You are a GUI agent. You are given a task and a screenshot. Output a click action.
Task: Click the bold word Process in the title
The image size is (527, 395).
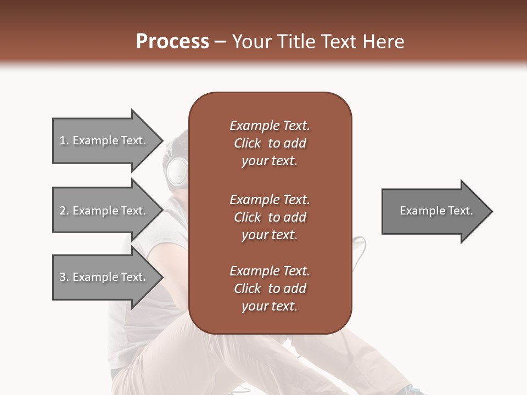coord(172,42)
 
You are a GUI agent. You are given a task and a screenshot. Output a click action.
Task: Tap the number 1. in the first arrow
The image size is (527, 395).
coord(64,140)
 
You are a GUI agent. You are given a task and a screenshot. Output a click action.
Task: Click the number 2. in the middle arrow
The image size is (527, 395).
coord(64,211)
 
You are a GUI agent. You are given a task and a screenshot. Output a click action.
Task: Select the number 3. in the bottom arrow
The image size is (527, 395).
coord(64,277)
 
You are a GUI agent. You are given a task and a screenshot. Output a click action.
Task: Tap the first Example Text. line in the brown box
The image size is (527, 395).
coord(270,126)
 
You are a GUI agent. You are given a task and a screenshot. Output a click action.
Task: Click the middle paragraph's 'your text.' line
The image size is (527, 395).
coord(270,235)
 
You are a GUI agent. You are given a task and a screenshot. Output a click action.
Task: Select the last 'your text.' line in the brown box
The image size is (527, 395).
coord(270,306)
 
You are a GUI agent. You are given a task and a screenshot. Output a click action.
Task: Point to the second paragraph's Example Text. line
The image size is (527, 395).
coord(270,199)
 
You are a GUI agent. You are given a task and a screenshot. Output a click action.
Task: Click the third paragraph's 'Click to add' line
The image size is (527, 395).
coord(270,289)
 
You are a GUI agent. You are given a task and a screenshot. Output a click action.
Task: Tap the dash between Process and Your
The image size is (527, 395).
coord(220,42)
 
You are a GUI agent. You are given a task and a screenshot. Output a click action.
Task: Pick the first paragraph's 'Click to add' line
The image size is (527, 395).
coord(270,143)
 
